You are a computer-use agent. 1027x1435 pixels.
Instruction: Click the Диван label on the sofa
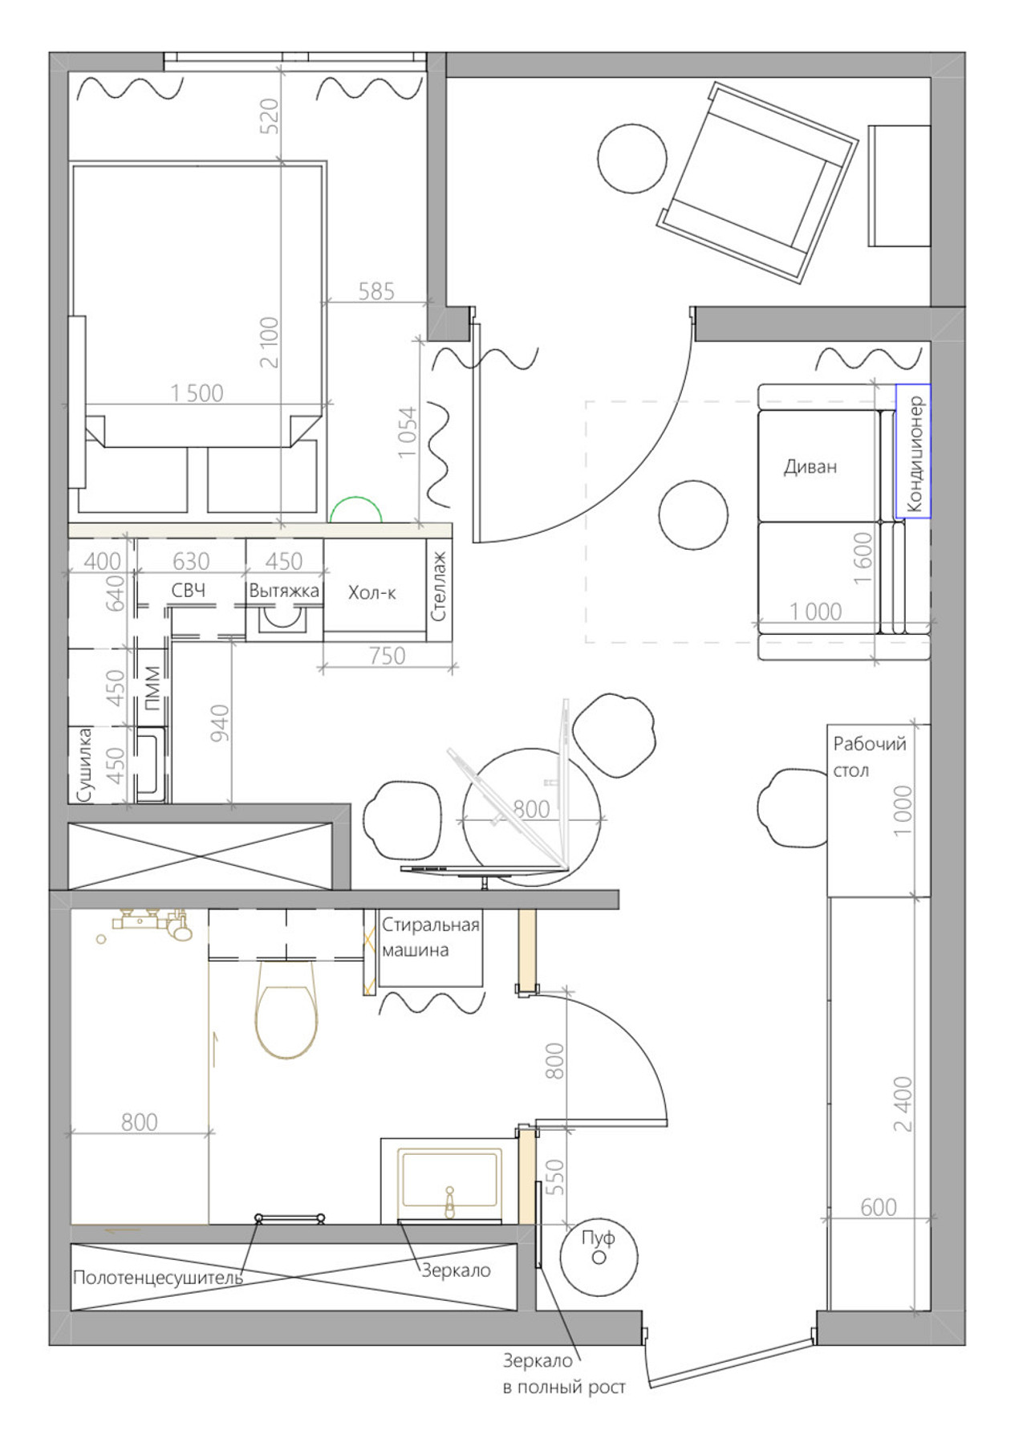(x=810, y=466)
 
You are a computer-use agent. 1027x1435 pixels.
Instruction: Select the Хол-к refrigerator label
(x=371, y=593)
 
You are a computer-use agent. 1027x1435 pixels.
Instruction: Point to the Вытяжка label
(x=284, y=591)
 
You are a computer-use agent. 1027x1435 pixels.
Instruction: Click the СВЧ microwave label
(x=189, y=591)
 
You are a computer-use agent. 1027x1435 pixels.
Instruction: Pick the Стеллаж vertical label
(x=438, y=586)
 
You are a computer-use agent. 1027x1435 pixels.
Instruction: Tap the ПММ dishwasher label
(x=152, y=689)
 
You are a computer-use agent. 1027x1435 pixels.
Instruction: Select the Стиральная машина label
(x=430, y=937)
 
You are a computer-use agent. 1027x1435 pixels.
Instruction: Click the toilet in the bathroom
(x=286, y=1009)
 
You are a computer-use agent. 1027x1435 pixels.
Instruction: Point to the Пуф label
(x=598, y=1238)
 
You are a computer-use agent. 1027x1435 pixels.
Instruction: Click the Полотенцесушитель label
(x=157, y=1277)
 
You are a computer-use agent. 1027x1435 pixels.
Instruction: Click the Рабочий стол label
(x=870, y=757)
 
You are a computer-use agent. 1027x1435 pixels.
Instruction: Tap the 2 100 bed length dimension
(x=270, y=342)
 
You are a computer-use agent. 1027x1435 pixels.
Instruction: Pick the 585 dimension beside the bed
(x=376, y=291)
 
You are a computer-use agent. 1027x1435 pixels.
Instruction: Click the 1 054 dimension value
(x=408, y=433)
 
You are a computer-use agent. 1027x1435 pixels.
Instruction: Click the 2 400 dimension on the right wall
(x=903, y=1104)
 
